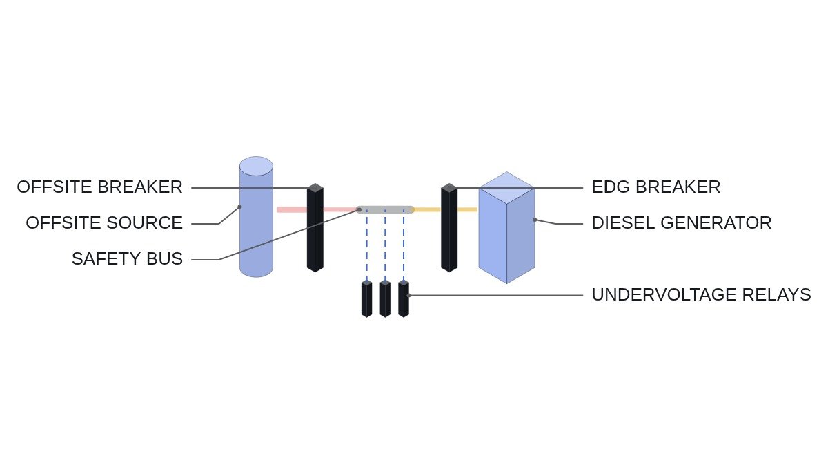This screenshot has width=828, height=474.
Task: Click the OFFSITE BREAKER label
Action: coord(100,187)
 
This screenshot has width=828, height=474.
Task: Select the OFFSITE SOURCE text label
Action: coord(104,222)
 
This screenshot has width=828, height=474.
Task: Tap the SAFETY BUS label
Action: coord(127,258)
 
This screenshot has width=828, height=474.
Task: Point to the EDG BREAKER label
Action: coord(656,187)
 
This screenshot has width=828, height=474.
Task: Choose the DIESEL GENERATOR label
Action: coord(682,222)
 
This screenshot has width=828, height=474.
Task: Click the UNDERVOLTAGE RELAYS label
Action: coord(701,294)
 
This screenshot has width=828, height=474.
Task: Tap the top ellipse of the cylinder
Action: coord(256,166)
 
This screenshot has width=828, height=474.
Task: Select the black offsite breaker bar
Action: coord(315,227)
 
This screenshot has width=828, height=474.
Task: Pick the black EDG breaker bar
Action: coord(449,227)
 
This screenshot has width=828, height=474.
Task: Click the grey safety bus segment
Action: coord(385,210)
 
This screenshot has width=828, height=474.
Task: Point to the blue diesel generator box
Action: coord(506,227)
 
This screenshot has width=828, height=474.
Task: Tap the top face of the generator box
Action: coord(506,188)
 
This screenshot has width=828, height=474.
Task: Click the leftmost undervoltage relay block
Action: coord(366,298)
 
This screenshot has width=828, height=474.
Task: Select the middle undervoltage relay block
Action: coord(385,298)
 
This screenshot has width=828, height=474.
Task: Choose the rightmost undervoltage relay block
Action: coord(404,298)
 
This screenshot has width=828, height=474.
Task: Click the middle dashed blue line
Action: coord(385,245)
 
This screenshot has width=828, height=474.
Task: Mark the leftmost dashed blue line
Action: coord(366,245)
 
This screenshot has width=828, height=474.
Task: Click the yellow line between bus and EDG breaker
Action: coord(427,210)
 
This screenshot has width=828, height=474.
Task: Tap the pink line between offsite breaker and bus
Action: coord(340,210)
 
